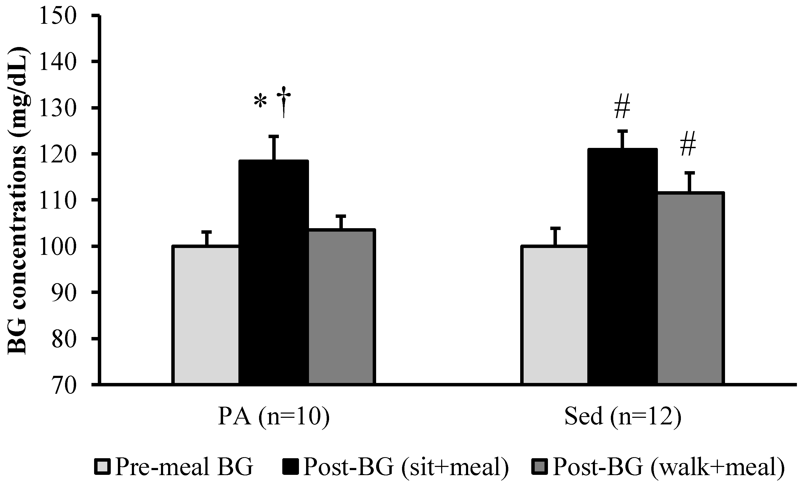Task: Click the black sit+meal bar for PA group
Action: (274, 272)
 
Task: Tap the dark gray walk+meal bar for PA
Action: (341, 306)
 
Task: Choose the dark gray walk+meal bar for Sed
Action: (690, 288)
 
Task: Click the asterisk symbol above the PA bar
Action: (260, 102)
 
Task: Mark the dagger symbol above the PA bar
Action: (284, 102)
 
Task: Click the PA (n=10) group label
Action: (274, 417)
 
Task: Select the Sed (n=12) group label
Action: (622, 417)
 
